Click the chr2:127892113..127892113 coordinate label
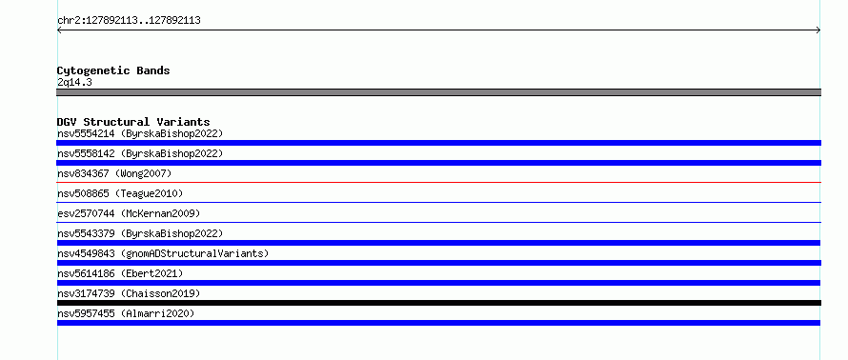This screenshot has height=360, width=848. pyautogui.click(x=129, y=21)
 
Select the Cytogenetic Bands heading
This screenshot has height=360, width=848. pyautogui.click(x=113, y=70)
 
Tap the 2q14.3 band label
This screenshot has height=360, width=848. pyautogui.click(x=74, y=82)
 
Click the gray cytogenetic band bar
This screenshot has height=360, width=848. pyautogui.click(x=438, y=92)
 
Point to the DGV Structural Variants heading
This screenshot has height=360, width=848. pyautogui.click(x=133, y=122)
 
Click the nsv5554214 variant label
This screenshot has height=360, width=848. pyautogui.click(x=140, y=133)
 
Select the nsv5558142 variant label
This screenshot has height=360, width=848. pyautogui.click(x=140, y=153)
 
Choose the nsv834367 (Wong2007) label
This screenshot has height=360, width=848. pyautogui.click(x=114, y=173)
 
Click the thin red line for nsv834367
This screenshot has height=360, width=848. pyautogui.click(x=438, y=183)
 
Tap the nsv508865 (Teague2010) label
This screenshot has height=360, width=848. pyautogui.click(x=120, y=193)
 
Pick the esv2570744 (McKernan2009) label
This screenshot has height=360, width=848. pyautogui.click(x=129, y=213)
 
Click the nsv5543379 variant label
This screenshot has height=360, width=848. pyautogui.click(x=140, y=233)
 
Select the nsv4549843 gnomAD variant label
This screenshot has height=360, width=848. pyautogui.click(x=163, y=253)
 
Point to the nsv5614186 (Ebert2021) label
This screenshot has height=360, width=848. pyautogui.click(x=120, y=273)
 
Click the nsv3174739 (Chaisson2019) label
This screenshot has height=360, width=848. pyautogui.click(x=129, y=293)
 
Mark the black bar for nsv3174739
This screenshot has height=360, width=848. pyautogui.click(x=438, y=303)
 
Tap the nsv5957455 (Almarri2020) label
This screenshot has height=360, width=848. pyautogui.click(x=126, y=313)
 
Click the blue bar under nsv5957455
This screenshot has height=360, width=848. pyautogui.click(x=438, y=323)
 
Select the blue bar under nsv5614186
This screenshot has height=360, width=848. pyautogui.click(x=438, y=283)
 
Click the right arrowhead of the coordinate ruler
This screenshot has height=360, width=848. pyautogui.click(x=819, y=30)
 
